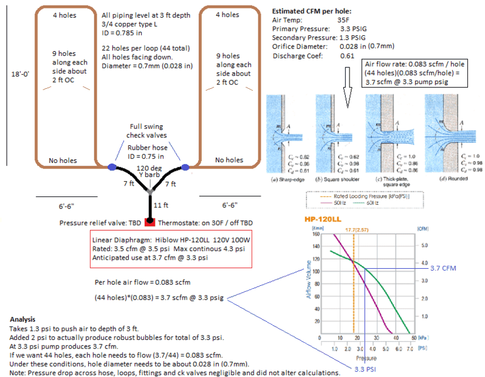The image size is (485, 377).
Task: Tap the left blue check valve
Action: [x=112, y=166]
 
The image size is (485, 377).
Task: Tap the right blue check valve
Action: [x=186, y=166]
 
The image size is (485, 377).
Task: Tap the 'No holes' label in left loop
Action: [x=63, y=161]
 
